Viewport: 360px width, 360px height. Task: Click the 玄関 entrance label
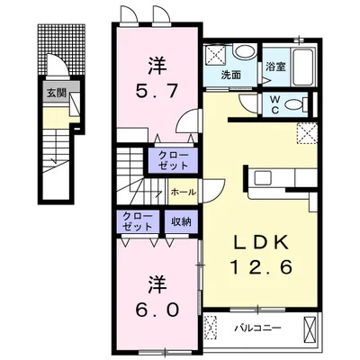pyautogui.click(x=56, y=94)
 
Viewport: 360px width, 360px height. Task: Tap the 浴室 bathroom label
pyautogui.click(x=275, y=67)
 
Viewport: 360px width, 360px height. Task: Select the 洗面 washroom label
pyautogui.click(x=231, y=75)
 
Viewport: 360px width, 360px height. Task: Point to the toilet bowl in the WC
pyautogui.click(x=294, y=105)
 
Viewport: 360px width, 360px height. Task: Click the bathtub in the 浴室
pyautogui.click(x=303, y=67)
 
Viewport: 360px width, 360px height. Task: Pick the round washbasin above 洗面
pyautogui.click(x=245, y=51)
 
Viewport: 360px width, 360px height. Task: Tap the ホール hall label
pyautogui.click(x=184, y=192)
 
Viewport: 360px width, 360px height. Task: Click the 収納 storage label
pyautogui.click(x=181, y=221)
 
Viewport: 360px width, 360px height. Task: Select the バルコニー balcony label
pyautogui.click(x=257, y=328)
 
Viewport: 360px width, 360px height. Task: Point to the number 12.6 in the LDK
pyautogui.click(x=261, y=266)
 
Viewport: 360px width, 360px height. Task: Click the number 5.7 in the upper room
pyautogui.click(x=157, y=90)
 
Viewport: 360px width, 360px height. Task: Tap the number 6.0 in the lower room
pyautogui.click(x=157, y=310)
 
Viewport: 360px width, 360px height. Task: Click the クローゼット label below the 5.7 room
pyautogui.click(x=174, y=160)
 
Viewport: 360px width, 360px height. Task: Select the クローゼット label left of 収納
pyautogui.click(x=138, y=221)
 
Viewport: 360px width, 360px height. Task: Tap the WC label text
pyautogui.click(x=274, y=104)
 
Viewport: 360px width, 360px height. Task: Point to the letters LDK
pyautogui.click(x=261, y=242)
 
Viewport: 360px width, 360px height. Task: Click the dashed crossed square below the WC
pyautogui.click(x=307, y=133)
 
